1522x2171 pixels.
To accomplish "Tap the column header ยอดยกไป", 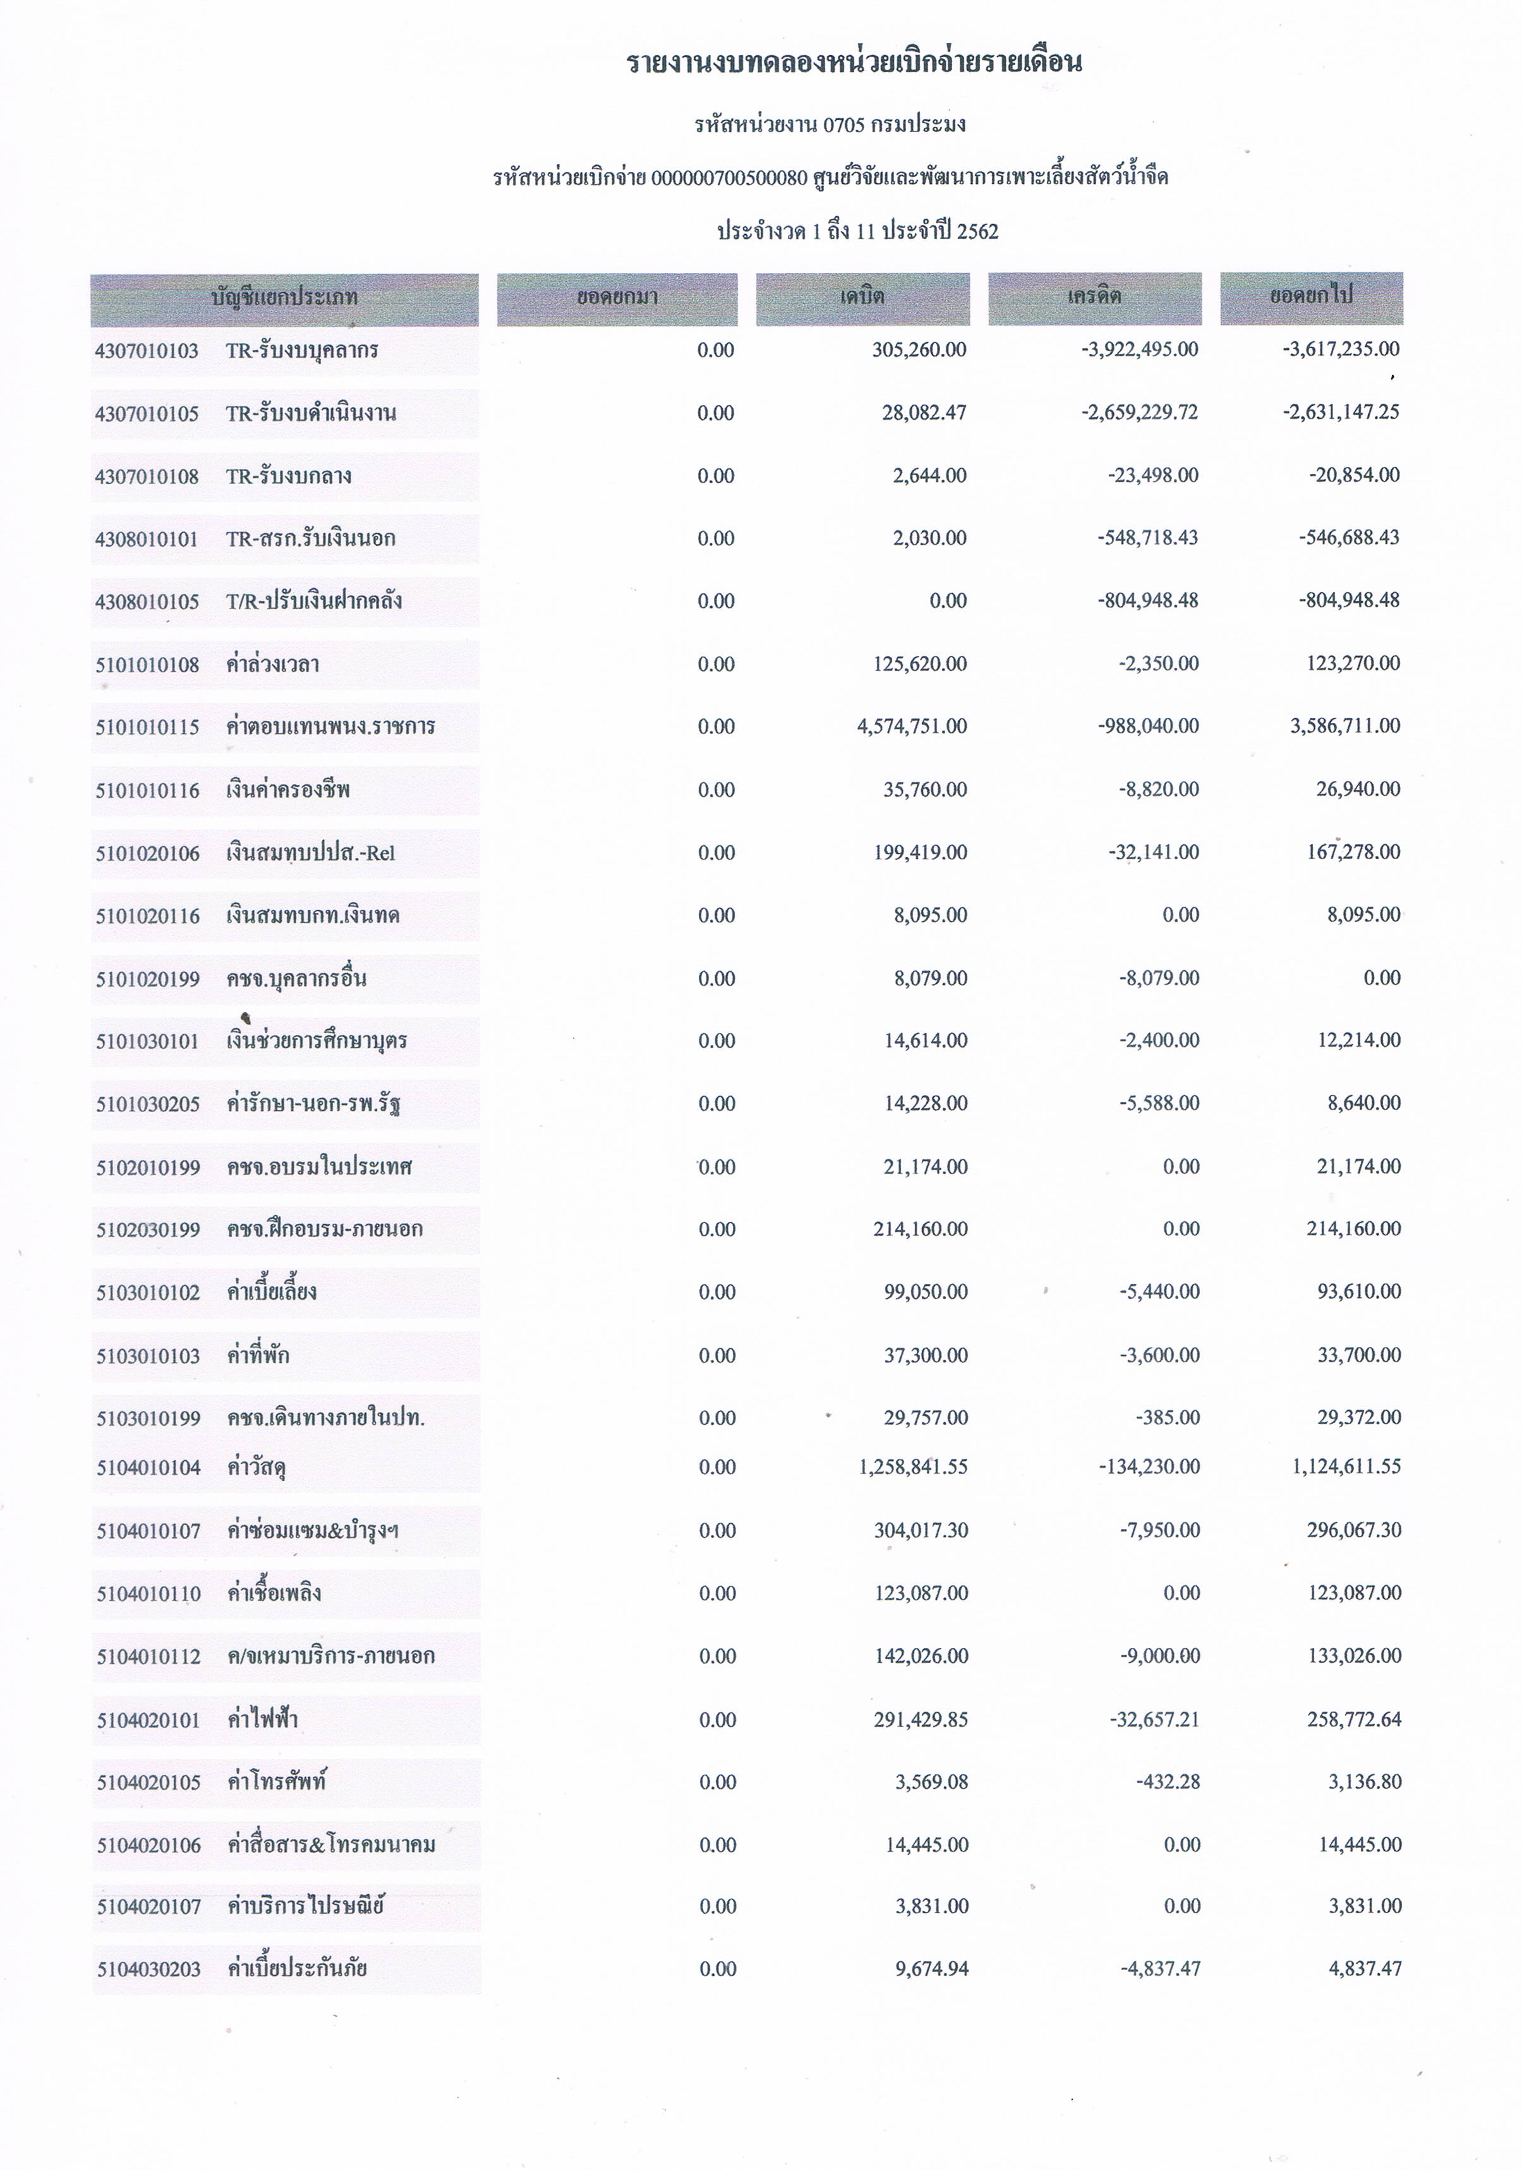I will pos(1311,295).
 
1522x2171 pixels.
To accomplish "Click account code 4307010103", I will pos(147,351).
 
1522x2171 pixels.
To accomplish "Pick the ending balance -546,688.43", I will pos(1349,537).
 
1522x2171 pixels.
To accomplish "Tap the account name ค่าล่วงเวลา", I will pos(272,664).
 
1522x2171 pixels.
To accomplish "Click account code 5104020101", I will pos(148,1719).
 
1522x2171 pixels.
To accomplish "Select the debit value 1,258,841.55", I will pos(913,1466).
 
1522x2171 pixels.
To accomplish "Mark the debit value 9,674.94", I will pos(931,1969).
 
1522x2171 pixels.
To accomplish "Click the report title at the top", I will pos(854,63).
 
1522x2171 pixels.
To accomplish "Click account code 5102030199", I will pos(148,1229).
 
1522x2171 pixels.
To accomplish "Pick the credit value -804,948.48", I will pos(1147,600).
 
